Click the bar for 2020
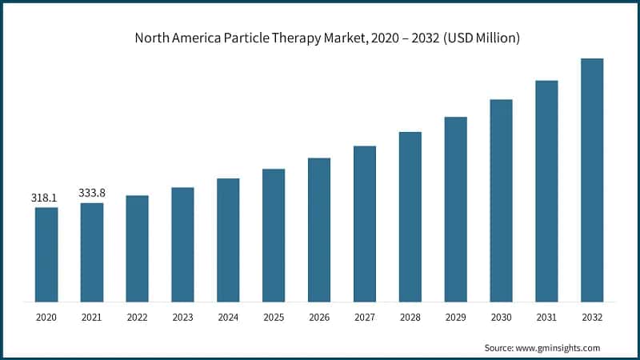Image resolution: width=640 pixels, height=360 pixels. click(x=46, y=254)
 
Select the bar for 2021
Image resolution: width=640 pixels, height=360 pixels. click(x=92, y=252)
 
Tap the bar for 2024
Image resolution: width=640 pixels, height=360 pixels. click(x=228, y=240)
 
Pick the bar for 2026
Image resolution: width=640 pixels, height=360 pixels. click(x=319, y=230)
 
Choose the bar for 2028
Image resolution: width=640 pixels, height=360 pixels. click(x=410, y=217)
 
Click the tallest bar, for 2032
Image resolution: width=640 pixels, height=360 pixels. click(x=592, y=180)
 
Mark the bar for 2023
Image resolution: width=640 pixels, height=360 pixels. click(x=182, y=244)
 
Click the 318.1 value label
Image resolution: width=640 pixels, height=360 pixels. click(x=46, y=197)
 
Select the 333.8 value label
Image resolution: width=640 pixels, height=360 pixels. click(x=92, y=192)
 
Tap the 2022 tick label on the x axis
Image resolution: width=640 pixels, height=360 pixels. click(x=137, y=318)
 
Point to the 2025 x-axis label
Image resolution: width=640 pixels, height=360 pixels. click(x=274, y=318)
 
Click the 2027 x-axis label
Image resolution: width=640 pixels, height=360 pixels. click(x=365, y=318)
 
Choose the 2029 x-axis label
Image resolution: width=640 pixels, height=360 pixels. click(x=455, y=318)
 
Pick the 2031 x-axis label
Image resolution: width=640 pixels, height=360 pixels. click(x=546, y=318)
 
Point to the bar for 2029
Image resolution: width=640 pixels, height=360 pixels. click(x=455, y=209)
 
